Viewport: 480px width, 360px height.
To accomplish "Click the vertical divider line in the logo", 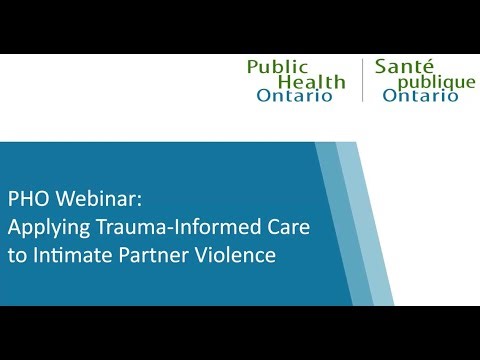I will pos(362,80).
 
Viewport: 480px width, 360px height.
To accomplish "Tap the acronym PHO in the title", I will pos(27,196).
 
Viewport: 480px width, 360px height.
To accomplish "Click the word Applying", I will pos(41,225).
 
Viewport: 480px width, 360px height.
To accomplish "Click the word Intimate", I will pos(73,254).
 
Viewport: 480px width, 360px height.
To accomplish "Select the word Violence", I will pos(234,254).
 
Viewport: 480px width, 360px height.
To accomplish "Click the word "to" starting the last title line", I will pos(17,254).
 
